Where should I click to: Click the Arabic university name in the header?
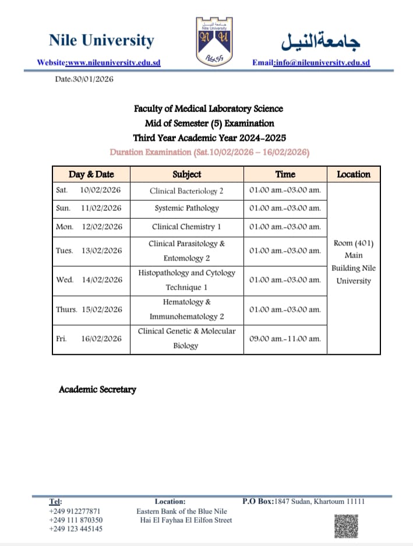(x=321, y=40)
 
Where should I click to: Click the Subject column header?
(x=187, y=174)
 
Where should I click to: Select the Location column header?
(x=354, y=174)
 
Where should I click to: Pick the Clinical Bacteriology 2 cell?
(x=187, y=191)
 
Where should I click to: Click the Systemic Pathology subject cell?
(x=187, y=208)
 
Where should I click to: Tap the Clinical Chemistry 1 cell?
(x=187, y=226)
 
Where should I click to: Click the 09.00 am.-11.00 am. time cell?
(x=285, y=339)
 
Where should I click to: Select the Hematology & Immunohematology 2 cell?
(x=187, y=309)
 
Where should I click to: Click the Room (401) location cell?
(x=354, y=261)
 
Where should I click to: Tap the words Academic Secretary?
(x=97, y=389)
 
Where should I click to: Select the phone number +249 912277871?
(x=75, y=511)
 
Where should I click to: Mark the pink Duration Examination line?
(x=210, y=152)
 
